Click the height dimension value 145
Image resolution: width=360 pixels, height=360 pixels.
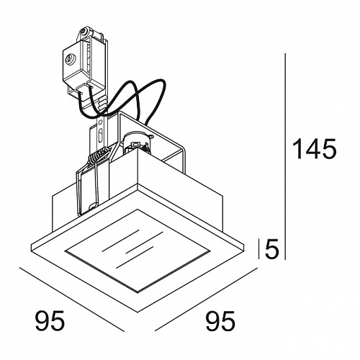(315, 149)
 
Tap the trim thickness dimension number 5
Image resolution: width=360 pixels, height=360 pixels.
(271, 248)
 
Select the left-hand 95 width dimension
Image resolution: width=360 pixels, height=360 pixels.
(50, 320)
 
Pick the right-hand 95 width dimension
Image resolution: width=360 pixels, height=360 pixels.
(220, 321)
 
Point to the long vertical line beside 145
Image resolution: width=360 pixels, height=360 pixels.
(285, 156)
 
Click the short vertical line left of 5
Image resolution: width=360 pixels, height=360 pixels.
(258, 249)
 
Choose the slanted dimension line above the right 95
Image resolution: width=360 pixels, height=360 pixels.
(206, 300)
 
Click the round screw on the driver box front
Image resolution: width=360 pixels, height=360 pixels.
(70, 58)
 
